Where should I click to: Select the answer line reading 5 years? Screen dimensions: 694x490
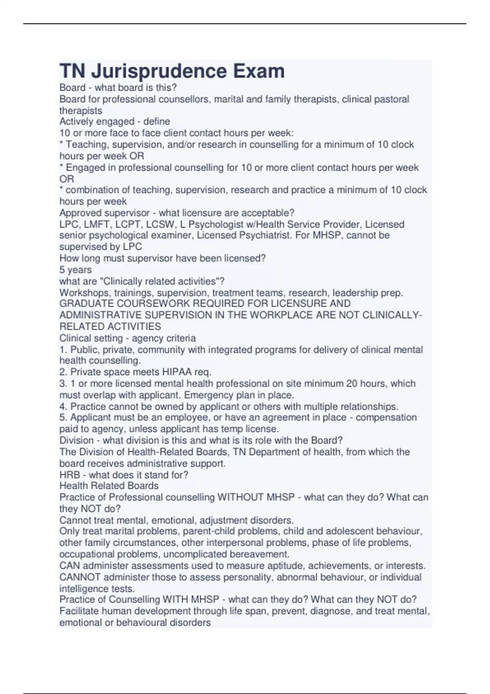point(76,270)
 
